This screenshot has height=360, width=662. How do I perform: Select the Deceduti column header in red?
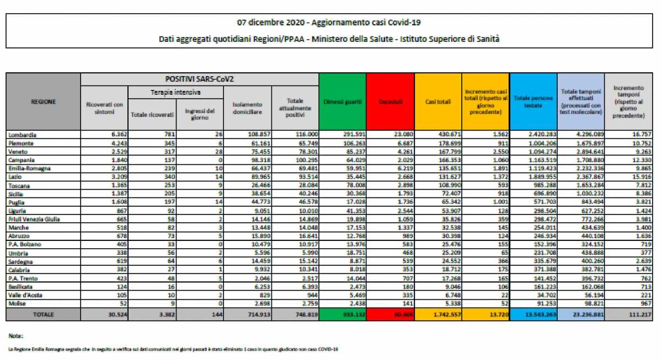click(391, 102)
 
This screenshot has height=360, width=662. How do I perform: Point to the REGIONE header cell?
click(42, 101)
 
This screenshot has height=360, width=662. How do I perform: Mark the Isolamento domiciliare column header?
click(247, 108)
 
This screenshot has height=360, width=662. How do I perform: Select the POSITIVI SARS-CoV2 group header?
click(199, 79)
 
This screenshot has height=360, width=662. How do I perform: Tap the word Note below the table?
click(15, 335)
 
